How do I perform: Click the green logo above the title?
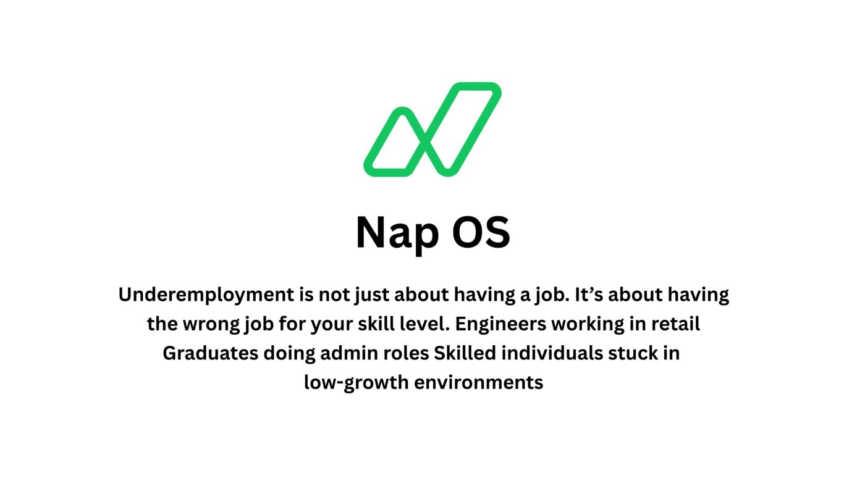click(432, 130)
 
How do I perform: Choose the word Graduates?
click(210, 353)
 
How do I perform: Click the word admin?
click(347, 353)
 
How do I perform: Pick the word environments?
click(478, 383)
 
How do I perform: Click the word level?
click(416, 324)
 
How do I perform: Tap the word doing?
click(290, 353)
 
